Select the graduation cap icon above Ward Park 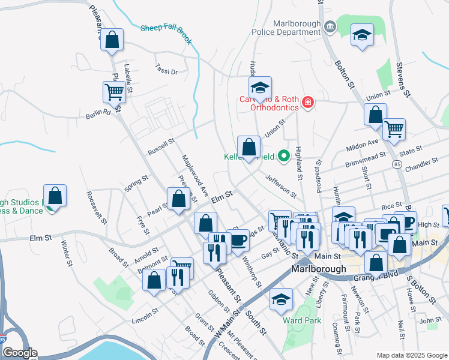coord(280,301)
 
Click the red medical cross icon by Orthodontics coord(308,103)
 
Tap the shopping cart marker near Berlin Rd coord(114,92)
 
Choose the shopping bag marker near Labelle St coord(112,40)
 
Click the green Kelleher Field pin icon coord(285,157)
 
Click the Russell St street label coord(161,146)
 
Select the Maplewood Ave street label coord(195,174)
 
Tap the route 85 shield coord(397,163)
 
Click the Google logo coord(19,353)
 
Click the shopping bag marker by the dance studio coord(55,196)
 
